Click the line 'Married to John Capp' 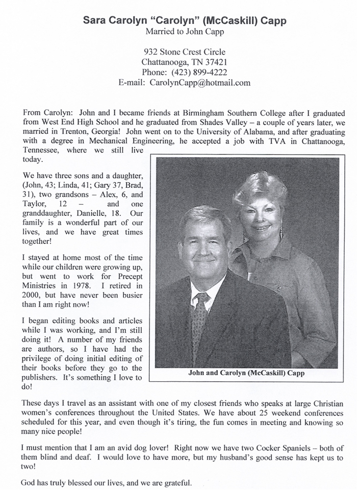tap(184, 32)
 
